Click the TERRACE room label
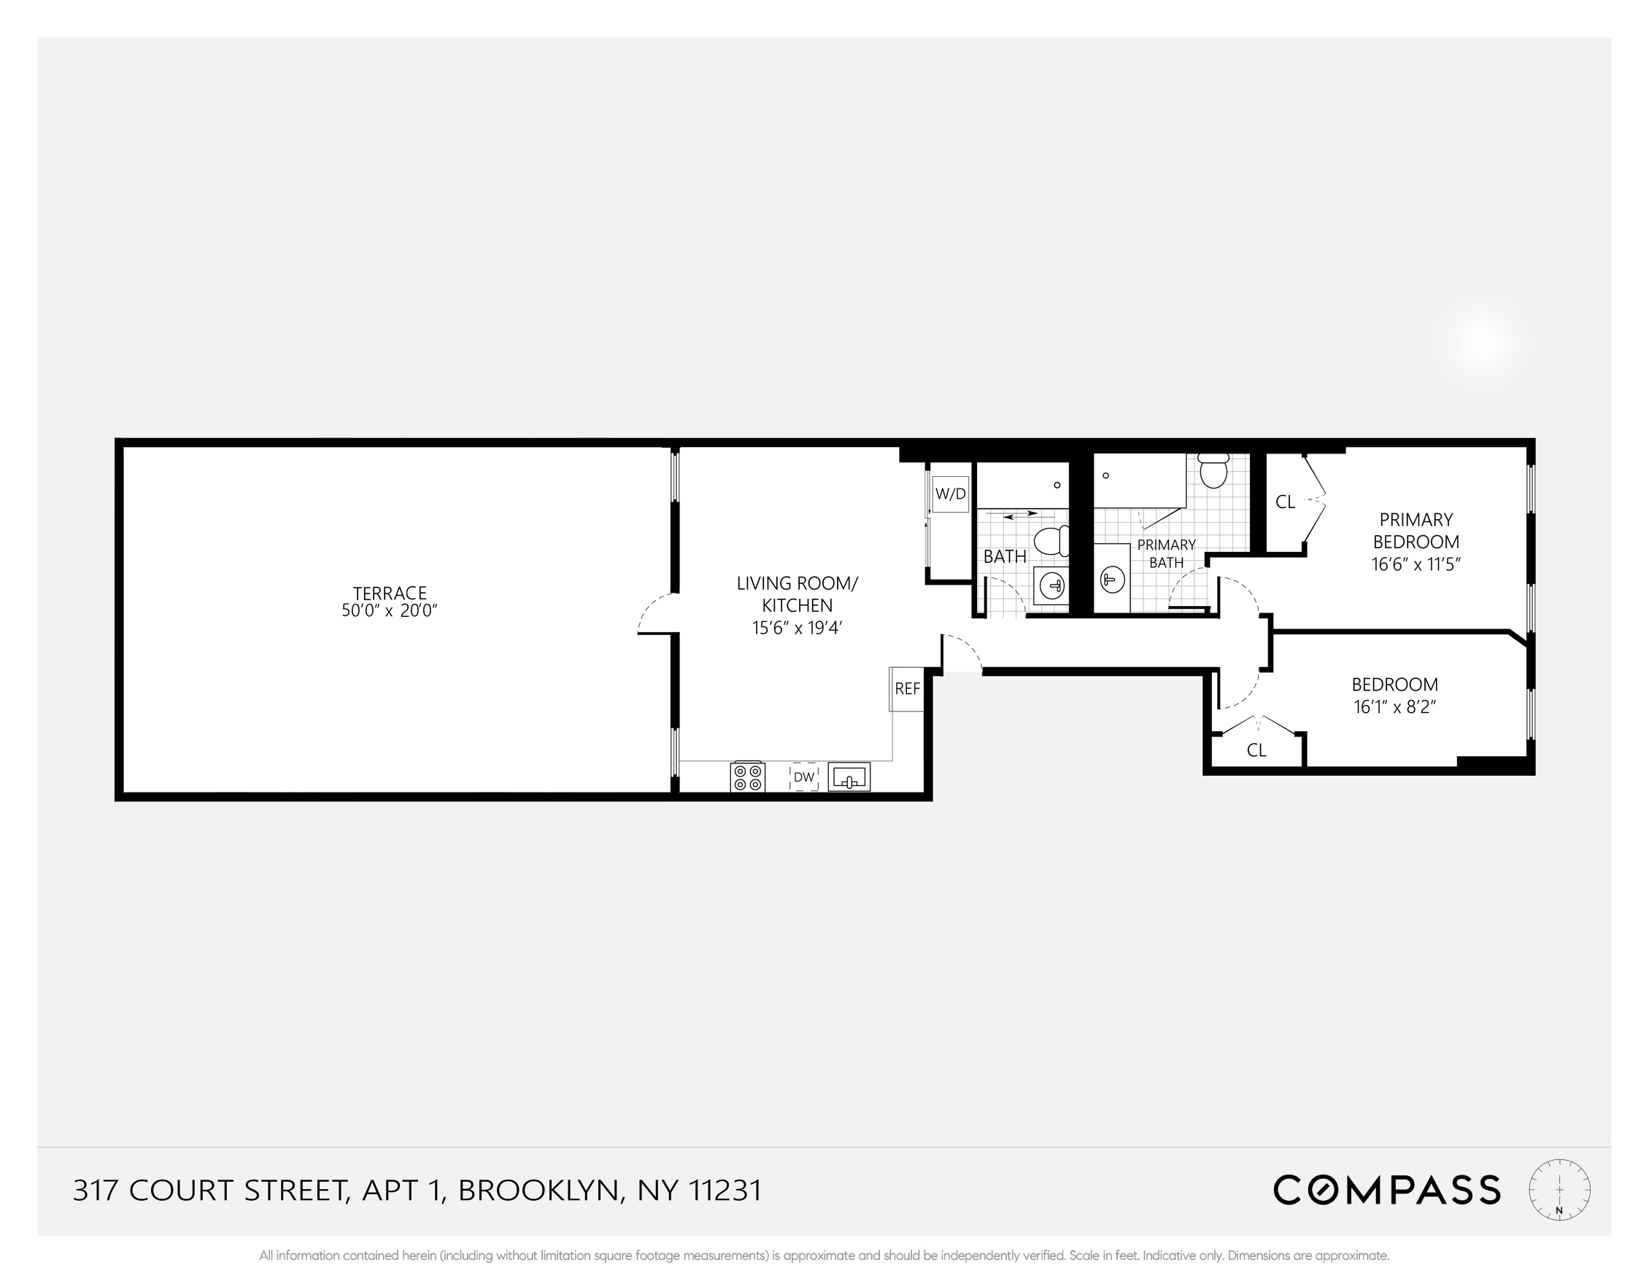pyautogui.click(x=390, y=593)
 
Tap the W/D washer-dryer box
pyautogui.click(x=950, y=494)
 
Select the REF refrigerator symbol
pyautogui.click(x=907, y=689)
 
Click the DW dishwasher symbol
pyautogui.click(x=804, y=776)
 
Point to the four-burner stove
pyautogui.click(x=747, y=777)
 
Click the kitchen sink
pyautogui.click(x=849, y=776)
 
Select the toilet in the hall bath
pyautogui.click(x=1050, y=541)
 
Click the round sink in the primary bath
pyautogui.click(x=1111, y=580)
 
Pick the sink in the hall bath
pyautogui.click(x=1051, y=585)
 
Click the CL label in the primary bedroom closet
pyautogui.click(x=1285, y=502)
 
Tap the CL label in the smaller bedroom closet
pyautogui.click(x=1256, y=750)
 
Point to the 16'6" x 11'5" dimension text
pyautogui.click(x=1416, y=564)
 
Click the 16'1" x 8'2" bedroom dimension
pyautogui.click(x=1394, y=707)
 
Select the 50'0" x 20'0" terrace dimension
pyautogui.click(x=390, y=611)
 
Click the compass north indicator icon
pyautogui.click(x=1559, y=1190)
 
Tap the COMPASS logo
pyautogui.click(x=1386, y=1190)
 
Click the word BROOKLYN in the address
pyautogui.click(x=538, y=1191)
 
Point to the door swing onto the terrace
pyautogui.click(x=654, y=613)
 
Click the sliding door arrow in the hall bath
pyautogui.click(x=1020, y=515)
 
